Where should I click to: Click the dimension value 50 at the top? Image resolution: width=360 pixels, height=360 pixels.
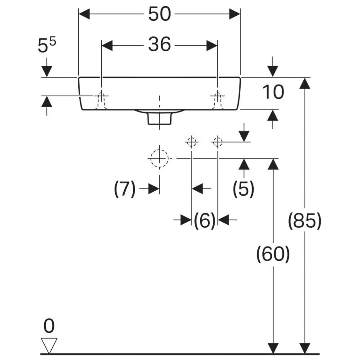160,14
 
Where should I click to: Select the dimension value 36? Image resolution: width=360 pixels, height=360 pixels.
160,45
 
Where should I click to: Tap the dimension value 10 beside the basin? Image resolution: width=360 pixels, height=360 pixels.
273,92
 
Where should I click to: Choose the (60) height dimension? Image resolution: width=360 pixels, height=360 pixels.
273,255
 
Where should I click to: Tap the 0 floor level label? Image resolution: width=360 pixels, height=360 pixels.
49,325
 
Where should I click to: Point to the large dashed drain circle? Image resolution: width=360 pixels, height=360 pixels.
159,158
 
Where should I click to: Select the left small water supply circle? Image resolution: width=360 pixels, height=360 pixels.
192,142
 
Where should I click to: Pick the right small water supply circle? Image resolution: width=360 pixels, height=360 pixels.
218,142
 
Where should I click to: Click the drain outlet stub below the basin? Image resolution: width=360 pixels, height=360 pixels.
159,118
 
